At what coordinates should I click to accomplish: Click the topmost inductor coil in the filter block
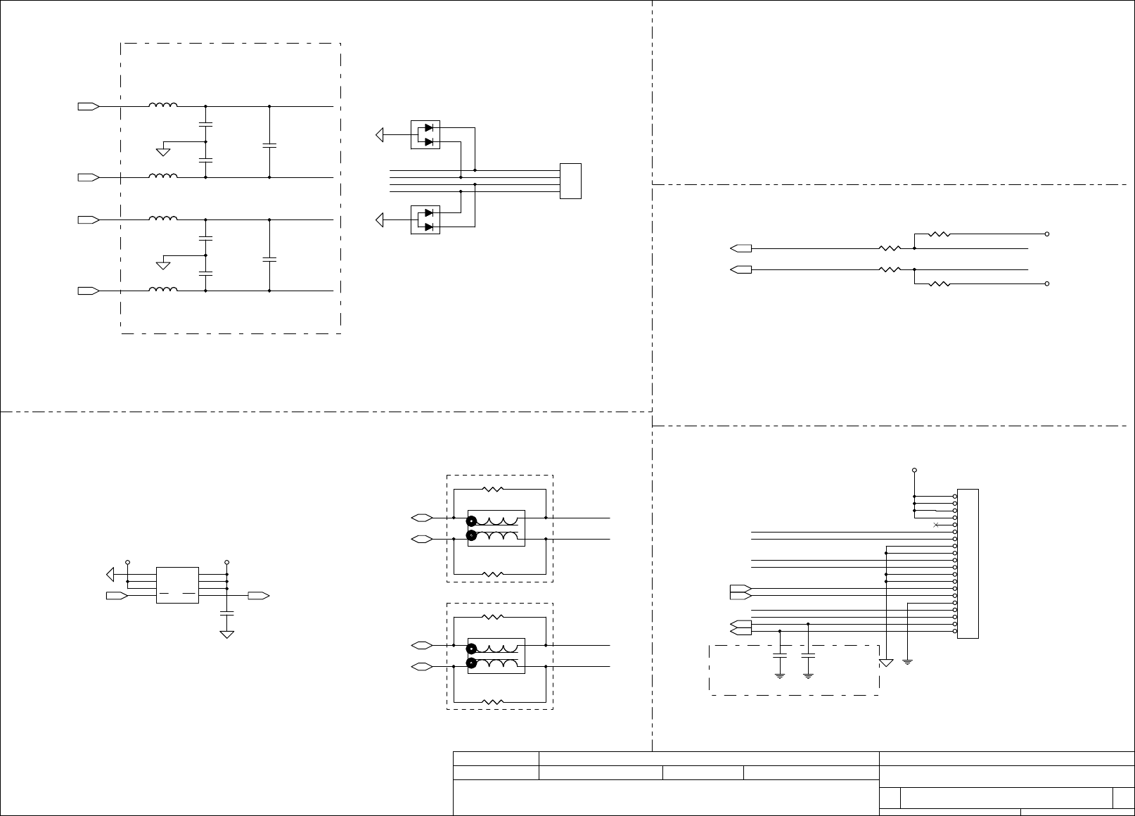162,106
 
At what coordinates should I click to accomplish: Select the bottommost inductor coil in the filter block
162,289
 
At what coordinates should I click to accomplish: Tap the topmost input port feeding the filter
88,106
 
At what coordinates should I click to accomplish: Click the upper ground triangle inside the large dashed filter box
162,151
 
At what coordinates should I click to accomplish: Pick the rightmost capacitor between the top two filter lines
269,146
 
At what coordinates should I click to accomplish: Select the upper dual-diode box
425,134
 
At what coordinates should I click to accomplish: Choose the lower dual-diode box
425,219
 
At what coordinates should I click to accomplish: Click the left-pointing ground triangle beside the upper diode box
380,134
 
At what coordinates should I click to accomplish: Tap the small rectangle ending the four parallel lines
570,181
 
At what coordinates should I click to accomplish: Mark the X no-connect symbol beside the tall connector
935,525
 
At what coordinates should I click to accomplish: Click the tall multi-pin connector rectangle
968,563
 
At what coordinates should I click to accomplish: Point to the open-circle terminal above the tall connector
914,470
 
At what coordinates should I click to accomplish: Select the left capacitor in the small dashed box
780,656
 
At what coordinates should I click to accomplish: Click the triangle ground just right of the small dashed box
886,663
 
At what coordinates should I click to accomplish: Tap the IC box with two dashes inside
177,585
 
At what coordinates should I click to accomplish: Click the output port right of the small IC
258,596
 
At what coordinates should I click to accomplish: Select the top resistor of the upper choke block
493,488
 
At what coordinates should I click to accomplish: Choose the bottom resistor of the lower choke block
493,701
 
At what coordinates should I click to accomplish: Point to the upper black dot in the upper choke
472,521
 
